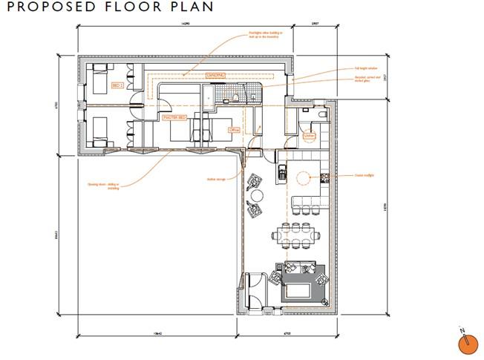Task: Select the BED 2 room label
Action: [117, 85]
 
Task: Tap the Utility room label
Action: [308, 135]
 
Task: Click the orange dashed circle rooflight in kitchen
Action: [303, 177]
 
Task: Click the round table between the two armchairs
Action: [256, 195]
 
